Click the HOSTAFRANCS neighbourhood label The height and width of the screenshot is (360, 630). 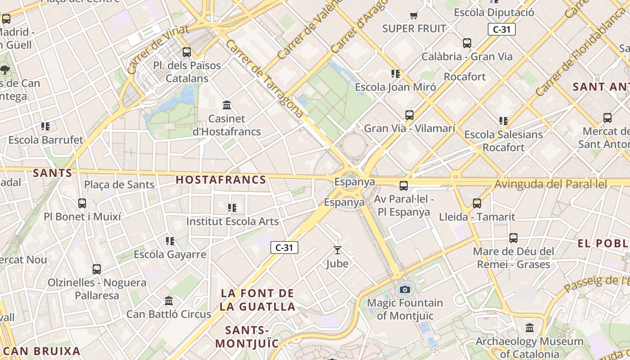tap(220, 180)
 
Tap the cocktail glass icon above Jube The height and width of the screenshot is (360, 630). tap(337, 250)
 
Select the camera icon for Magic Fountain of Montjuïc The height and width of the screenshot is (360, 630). tap(405, 289)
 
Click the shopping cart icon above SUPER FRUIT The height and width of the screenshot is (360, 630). tap(414, 16)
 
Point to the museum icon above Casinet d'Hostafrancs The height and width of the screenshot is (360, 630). tap(227, 105)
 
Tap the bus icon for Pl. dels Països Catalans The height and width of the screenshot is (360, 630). tap(187, 52)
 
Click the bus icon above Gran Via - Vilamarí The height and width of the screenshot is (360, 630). tap(409, 115)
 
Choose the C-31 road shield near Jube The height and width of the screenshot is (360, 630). tap(284, 247)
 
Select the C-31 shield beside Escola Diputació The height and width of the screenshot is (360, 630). tap(501, 30)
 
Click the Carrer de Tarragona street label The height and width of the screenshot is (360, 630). tap(264, 79)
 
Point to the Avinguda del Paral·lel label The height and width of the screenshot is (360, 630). tap(550, 184)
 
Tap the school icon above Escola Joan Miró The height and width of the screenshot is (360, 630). tap(396, 74)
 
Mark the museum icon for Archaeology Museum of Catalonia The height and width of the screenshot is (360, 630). tap(530, 328)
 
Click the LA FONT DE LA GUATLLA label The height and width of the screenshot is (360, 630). tap(258, 300)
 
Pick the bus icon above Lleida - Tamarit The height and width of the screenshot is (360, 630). tap(477, 203)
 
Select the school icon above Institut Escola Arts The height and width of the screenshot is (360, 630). tap(232, 208)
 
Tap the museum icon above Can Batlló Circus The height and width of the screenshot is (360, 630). tap(169, 301)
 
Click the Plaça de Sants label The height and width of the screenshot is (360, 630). tap(119, 184)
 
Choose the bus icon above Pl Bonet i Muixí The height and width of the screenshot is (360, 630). tap(82, 203)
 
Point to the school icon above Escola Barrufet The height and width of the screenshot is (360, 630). tap(45, 126)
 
